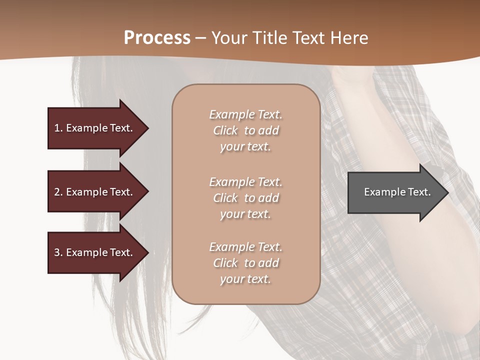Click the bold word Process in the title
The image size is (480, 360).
click(x=157, y=38)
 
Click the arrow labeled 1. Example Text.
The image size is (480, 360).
click(x=95, y=128)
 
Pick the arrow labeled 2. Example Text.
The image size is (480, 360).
click(x=95, y=192)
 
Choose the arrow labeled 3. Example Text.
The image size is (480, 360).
click(x=95, y=252)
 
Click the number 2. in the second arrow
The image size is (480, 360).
click(x=58, y=192)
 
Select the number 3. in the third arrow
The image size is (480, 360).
click(x=58, y=252)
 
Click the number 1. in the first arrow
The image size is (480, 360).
click(x=58, y=128)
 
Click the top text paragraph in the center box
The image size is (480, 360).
click(x=245, y=130)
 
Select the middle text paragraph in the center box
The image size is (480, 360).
click(x=245, y=198)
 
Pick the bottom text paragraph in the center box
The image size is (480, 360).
click(x=245, y=263)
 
